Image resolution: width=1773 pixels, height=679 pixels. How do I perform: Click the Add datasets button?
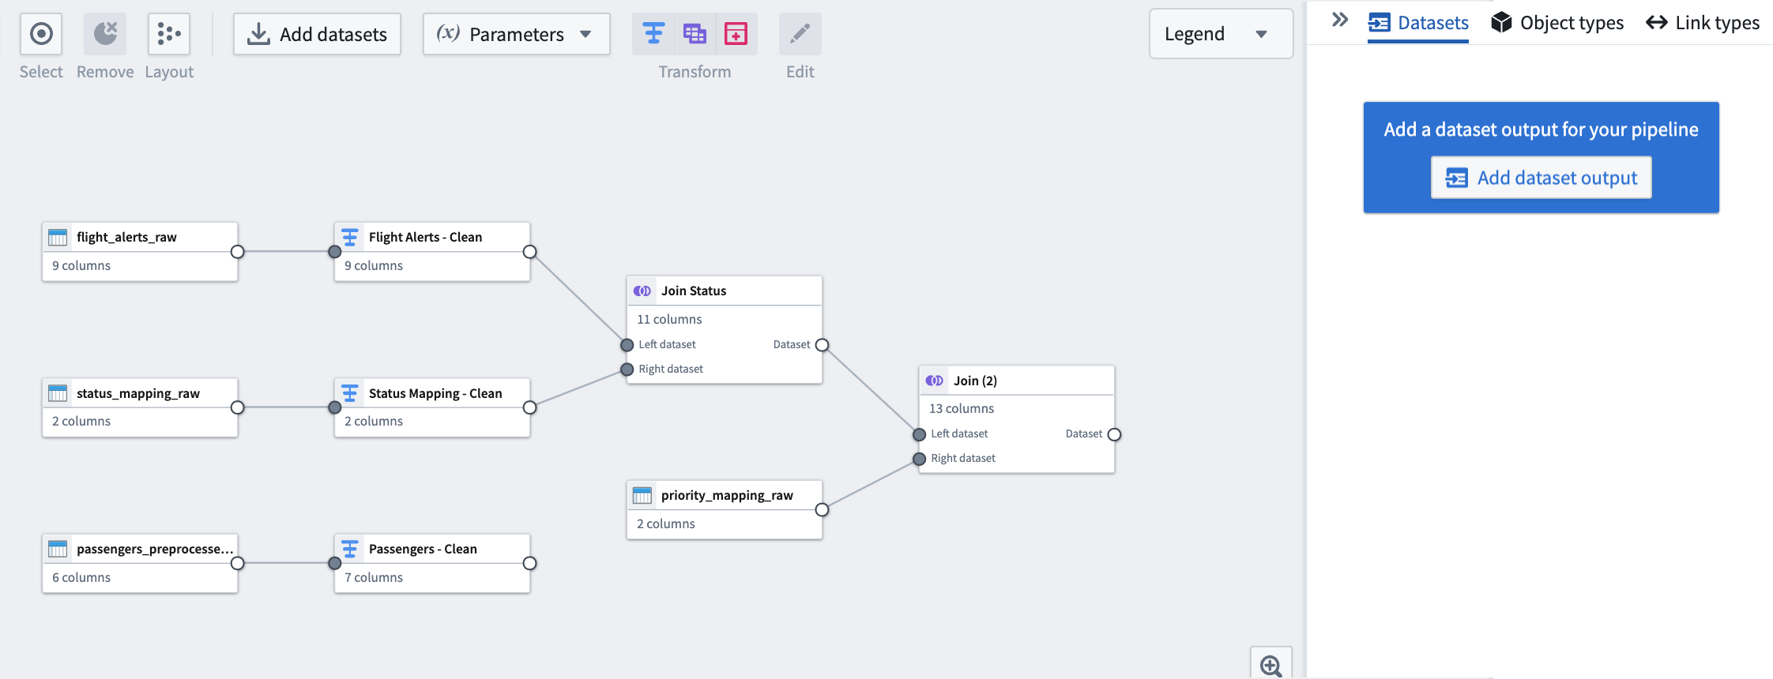click(317, 34)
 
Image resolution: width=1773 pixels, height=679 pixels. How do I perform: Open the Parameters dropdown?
click(516, 34)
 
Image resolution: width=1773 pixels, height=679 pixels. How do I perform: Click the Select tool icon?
click(41, 34)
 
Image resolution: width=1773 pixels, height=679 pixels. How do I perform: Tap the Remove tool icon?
click(105, 34)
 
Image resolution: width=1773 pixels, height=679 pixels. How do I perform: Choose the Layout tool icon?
click(169, 34)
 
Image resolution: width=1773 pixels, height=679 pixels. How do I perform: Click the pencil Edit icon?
click(800, 34)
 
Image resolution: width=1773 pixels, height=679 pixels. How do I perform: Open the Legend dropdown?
click(1221, 34)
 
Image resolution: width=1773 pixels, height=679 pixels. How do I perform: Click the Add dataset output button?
click(1541, 178)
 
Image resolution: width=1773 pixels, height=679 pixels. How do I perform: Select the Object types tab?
click(1557, 23)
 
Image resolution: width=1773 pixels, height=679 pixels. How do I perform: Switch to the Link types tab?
click(1703, 23)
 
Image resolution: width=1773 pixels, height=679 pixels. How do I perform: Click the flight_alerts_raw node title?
click(126, 237)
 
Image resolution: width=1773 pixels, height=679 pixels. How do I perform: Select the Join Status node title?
click(694, 291)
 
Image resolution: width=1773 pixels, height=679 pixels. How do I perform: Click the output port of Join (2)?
click(1114, 434)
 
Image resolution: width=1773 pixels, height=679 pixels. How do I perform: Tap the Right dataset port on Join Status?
click(627, 370)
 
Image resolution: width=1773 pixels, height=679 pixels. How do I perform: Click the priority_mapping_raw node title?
click(727, 495)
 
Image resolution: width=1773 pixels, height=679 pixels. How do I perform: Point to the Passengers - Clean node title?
click(423, 549)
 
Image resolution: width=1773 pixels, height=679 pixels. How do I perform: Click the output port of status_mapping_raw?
click(237, 407)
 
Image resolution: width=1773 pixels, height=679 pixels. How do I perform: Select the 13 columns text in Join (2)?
click(962, 408)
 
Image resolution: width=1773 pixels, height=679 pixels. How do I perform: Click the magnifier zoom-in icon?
click(1271, 666)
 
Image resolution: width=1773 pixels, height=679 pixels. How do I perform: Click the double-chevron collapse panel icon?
click(1340, 20)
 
